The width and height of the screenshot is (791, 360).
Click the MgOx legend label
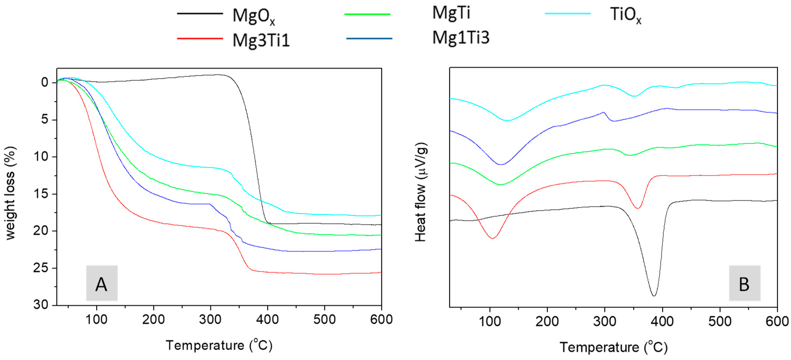(254, 16)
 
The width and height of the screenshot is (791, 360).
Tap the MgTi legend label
(451, 13)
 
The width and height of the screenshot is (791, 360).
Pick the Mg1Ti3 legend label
(461, 38)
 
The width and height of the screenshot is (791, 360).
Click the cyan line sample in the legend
(567, 14)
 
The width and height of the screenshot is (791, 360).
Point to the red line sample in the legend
(200, 38)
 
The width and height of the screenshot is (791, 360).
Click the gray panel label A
(102, 283)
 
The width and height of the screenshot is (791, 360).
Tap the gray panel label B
(744, 283)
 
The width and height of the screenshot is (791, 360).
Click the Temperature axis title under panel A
(219, 345)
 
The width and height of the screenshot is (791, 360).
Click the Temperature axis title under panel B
(613, 347)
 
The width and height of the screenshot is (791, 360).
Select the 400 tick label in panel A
(267, 320)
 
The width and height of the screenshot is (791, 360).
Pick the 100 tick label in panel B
(490, 321)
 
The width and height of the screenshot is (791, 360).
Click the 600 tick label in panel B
(777, 321)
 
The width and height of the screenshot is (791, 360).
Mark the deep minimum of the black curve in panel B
(654, 296)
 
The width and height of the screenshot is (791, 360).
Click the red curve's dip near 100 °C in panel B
(492, 238)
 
